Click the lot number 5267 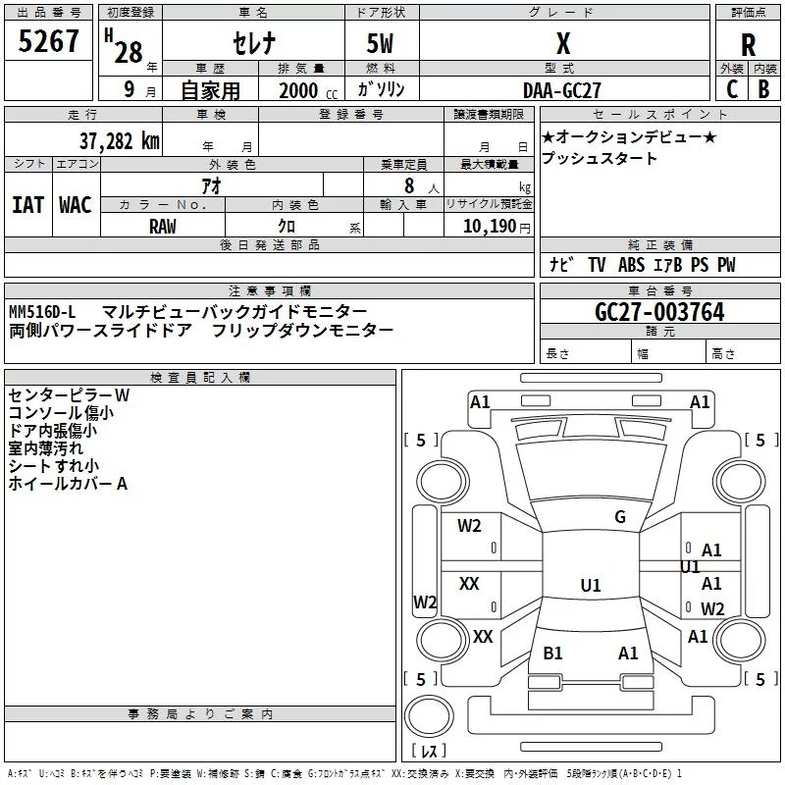(49, 42)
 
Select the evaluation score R (748, 44)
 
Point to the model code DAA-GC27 (563, 89)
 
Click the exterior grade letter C (731, 89)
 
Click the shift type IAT (27, 204)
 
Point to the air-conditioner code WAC (75, 204)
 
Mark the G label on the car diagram (619, 517)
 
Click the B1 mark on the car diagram (552, 654)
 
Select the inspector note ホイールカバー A (68, 484)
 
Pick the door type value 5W (382, 44)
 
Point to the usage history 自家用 (210, 90)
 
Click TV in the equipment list (597, 265)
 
